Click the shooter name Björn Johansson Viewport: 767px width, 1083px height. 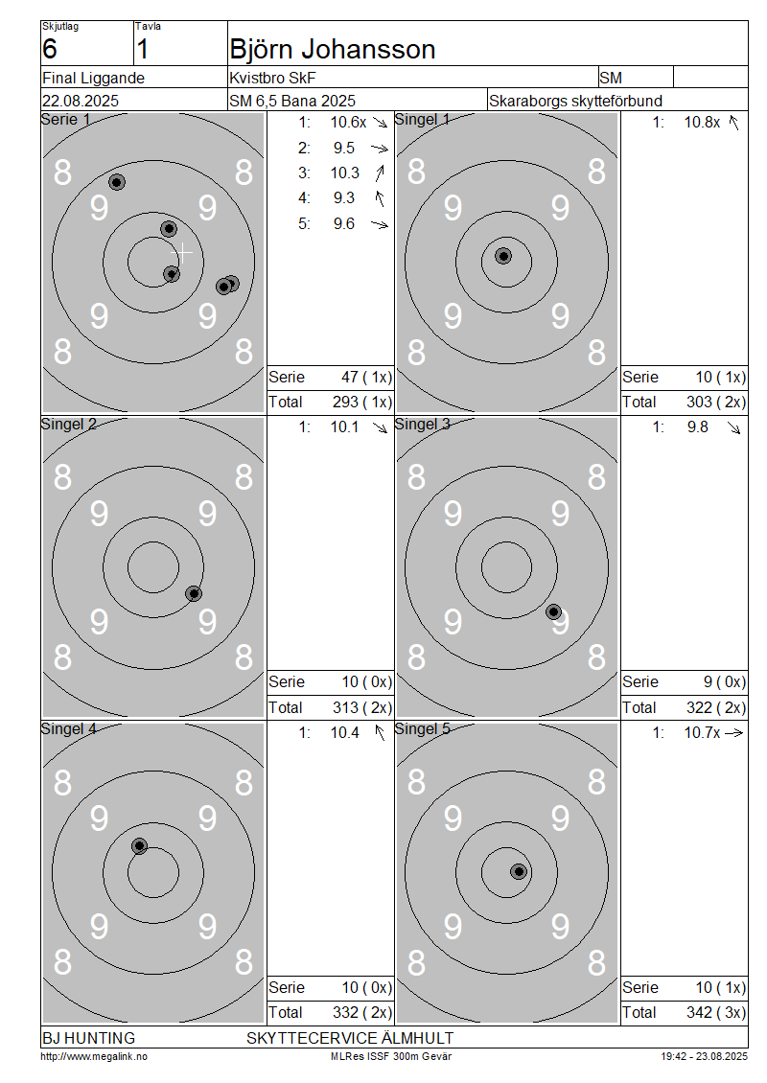[333, 50]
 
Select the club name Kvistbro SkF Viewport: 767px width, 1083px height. [272, 78]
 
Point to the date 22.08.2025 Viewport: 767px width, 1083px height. [81, 101]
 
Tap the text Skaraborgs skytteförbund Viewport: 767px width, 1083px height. [575, 101]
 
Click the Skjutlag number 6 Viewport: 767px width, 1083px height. [50, 50]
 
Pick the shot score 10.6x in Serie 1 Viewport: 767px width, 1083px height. [348, 123]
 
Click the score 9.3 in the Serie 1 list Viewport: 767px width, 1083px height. [344, 198]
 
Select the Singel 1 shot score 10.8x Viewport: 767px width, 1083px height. [702, 123]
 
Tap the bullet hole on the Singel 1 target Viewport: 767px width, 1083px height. [503, 256]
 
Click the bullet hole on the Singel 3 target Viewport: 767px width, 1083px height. [553, 612]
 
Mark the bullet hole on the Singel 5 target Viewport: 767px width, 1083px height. [519, 871]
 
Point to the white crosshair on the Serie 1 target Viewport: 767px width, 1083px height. [182, 253]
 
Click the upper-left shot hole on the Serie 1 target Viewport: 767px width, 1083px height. [118, 182]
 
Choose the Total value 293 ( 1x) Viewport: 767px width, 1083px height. [362, 402]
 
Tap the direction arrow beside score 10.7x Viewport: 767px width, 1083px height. [733, 733]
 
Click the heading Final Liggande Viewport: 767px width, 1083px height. [93, 78]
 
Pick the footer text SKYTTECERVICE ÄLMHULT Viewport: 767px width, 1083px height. [350, 1038]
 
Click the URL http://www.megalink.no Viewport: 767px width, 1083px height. [94, 1056]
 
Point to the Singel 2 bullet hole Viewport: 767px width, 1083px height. [195, 594]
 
